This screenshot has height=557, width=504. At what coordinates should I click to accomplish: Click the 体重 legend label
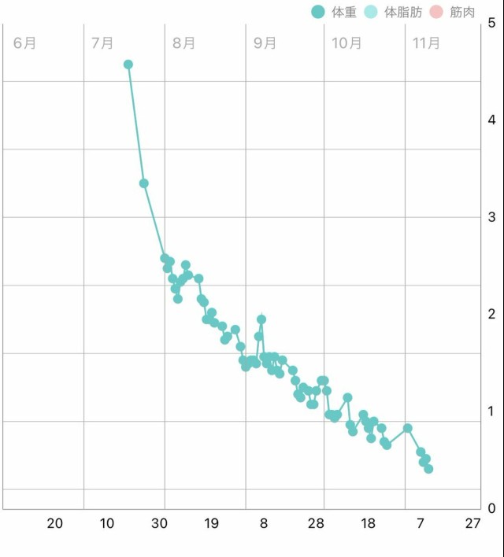tap(345, 12)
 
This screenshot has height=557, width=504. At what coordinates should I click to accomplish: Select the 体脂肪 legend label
tap(402, 12)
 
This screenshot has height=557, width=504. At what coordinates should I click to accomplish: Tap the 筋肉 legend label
tap(462, 12)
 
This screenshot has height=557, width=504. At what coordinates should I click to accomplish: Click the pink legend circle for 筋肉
tap(437, 12)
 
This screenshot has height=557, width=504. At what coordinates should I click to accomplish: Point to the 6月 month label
tap(25, 43)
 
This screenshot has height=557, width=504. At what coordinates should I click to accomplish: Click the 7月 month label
tap(102, 43)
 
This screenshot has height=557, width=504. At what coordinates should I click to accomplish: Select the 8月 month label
tap(183, 43)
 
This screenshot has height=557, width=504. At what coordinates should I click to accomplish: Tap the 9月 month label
tap(265, 43)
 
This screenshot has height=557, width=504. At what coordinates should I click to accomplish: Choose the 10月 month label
tap(346, 43)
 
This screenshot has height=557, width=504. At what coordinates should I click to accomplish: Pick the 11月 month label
tap(426, 43)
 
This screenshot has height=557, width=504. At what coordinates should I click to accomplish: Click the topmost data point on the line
tap(128, 65)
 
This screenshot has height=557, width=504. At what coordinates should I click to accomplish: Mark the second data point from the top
tap(144, 183)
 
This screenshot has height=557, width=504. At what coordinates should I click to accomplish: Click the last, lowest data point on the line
tap(428, 469)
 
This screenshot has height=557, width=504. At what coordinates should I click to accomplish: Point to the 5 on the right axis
tap(492, 23)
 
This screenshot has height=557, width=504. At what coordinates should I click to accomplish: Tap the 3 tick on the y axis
tap(492, 217)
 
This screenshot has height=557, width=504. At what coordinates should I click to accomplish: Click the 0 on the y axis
tap(492, 507)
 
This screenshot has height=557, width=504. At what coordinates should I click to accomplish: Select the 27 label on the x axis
tap(472, 524)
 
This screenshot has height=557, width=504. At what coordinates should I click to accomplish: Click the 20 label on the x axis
tap(55, 524)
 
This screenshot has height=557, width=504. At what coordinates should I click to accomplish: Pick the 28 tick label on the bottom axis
tap(316, 524)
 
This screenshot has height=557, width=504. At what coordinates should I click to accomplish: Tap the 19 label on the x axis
tap(211, 524)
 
